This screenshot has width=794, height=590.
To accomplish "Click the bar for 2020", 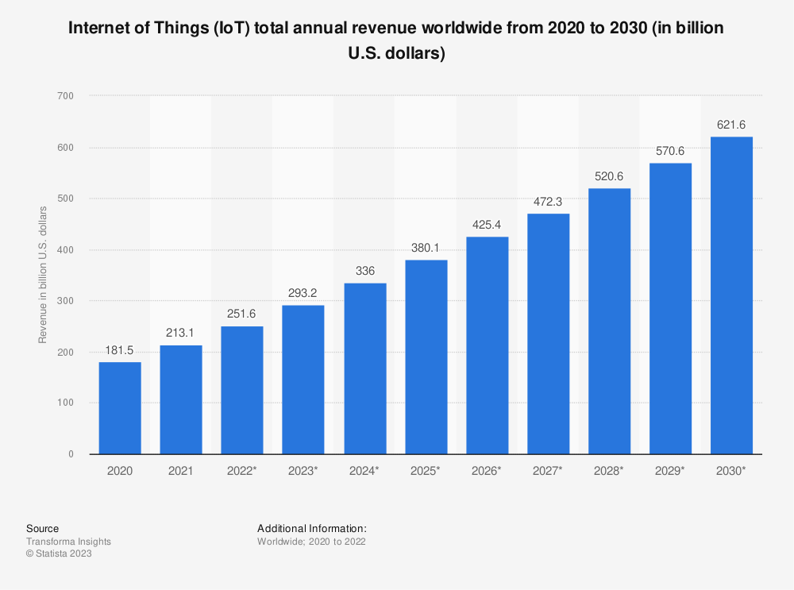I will (x=120, y=408).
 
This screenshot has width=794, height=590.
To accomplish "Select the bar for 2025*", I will (x=426, y=357).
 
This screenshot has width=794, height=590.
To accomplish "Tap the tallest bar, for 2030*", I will (x=731, y=295).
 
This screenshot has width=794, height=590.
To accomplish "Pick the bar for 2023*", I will (x=303, y=380).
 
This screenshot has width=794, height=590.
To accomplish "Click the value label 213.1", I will (x=181, y=333).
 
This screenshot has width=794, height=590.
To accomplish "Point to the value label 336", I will (x=364, y=271).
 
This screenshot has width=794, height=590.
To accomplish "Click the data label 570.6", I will (x=671, y=150).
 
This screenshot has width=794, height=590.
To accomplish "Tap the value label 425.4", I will (x=488, y=225).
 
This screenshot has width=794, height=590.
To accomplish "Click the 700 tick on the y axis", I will (x=73, y=96).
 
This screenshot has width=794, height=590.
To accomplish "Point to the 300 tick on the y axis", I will (x=73, y=301).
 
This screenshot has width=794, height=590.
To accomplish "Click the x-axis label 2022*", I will (x=242, y=471).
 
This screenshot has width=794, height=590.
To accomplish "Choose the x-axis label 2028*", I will (x=609, y=471).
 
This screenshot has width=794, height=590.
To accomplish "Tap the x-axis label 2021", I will (x=181, y=471).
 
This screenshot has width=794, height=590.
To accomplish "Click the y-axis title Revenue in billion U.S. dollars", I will (x=44, y=275).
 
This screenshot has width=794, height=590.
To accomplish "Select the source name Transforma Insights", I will (x=68, y=542).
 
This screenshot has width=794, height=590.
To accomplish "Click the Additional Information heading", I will (x=312, y=528).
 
